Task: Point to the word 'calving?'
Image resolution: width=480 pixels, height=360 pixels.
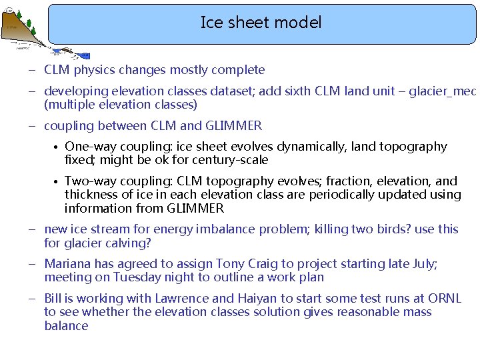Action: (x=130, y=243)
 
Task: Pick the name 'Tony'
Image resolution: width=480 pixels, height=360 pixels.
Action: (x=238, y=264)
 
